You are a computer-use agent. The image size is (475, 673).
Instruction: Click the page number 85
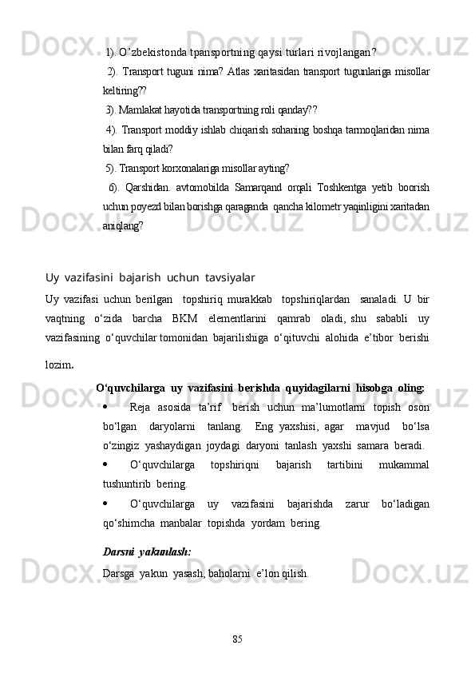coord(237,639)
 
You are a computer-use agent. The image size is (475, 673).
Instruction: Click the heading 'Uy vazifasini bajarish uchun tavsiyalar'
coord(150,277)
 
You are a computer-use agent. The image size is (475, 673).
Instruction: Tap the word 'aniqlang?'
coord(124,226)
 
